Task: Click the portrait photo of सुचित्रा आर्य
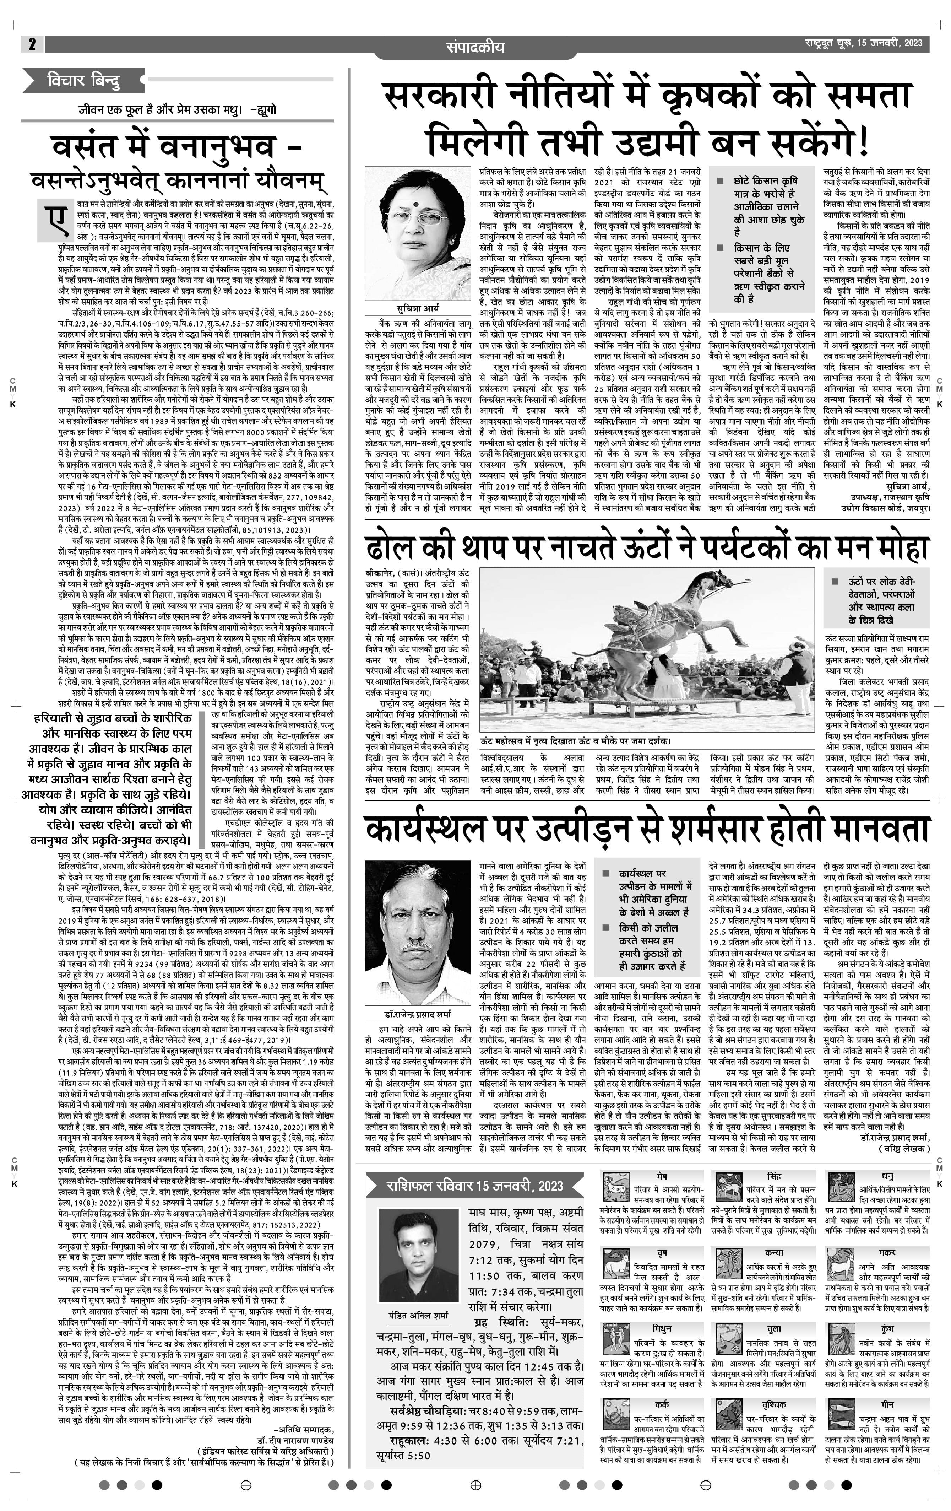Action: pos(418,233)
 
